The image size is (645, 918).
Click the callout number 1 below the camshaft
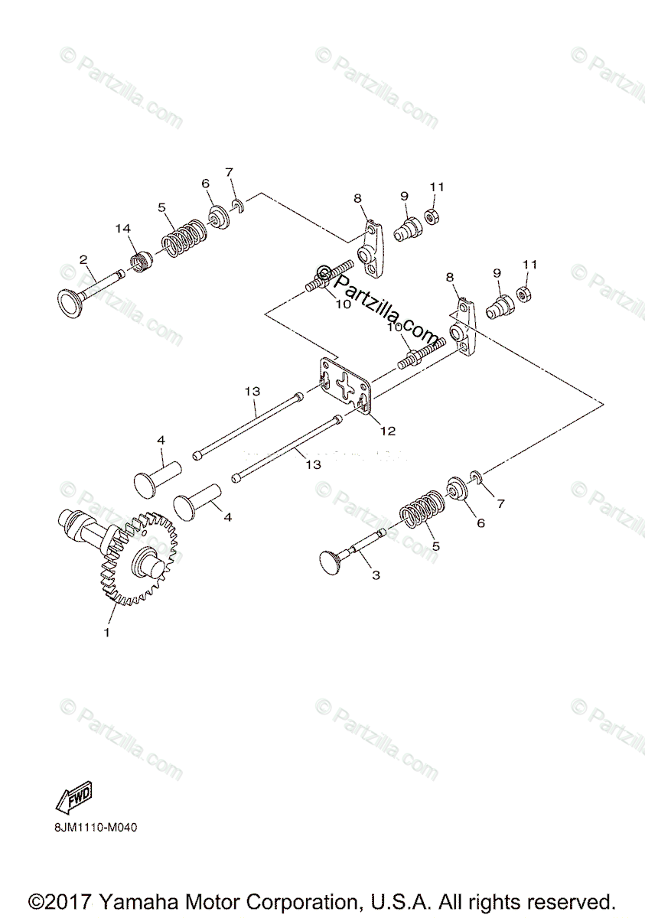(107, 633)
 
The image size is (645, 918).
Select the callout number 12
(388, 431)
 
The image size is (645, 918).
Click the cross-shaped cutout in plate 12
(345, 387)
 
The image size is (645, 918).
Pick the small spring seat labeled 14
(140, 262)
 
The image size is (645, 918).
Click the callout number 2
(83, 259)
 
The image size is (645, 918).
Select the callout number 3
(375, 574)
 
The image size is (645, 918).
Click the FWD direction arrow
(74, 798)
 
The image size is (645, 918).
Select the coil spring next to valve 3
(420, 511)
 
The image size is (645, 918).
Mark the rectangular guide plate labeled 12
(345, 387)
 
